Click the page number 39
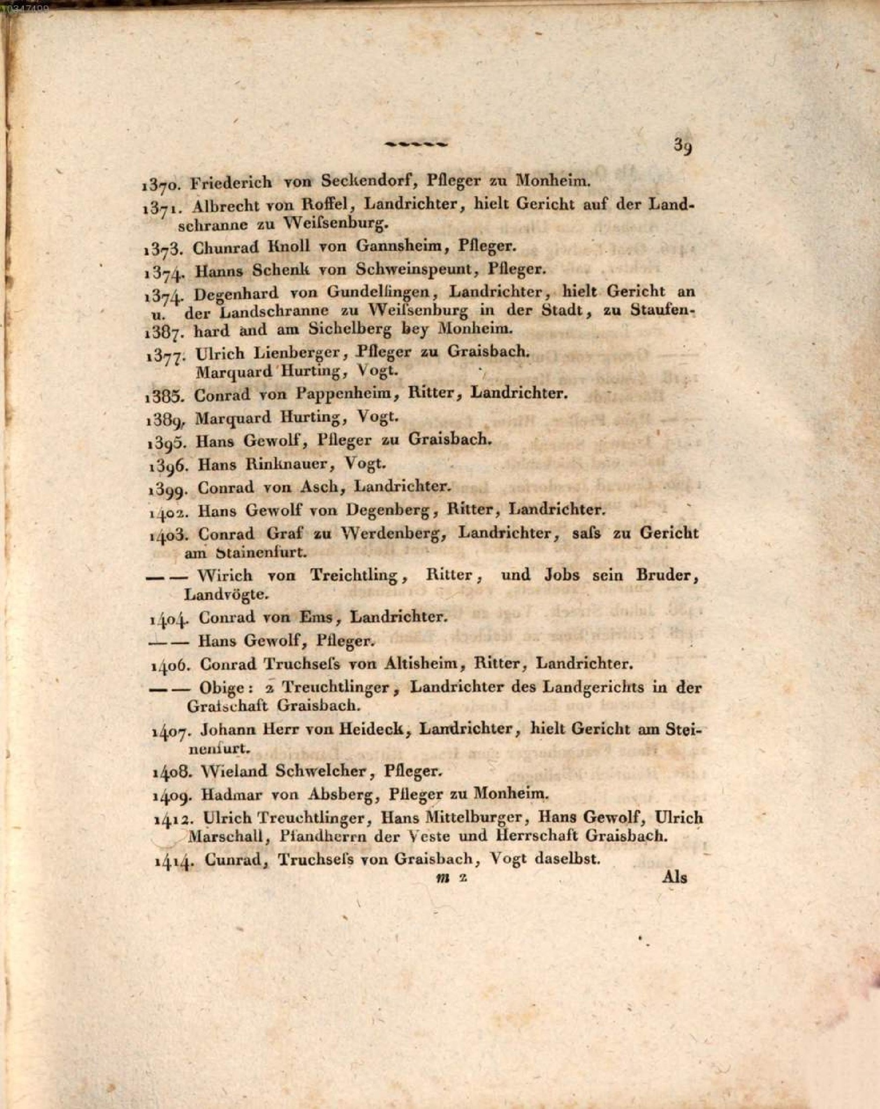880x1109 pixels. click(x=683, y=146)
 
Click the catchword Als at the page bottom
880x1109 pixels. click(x=674, y=877)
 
